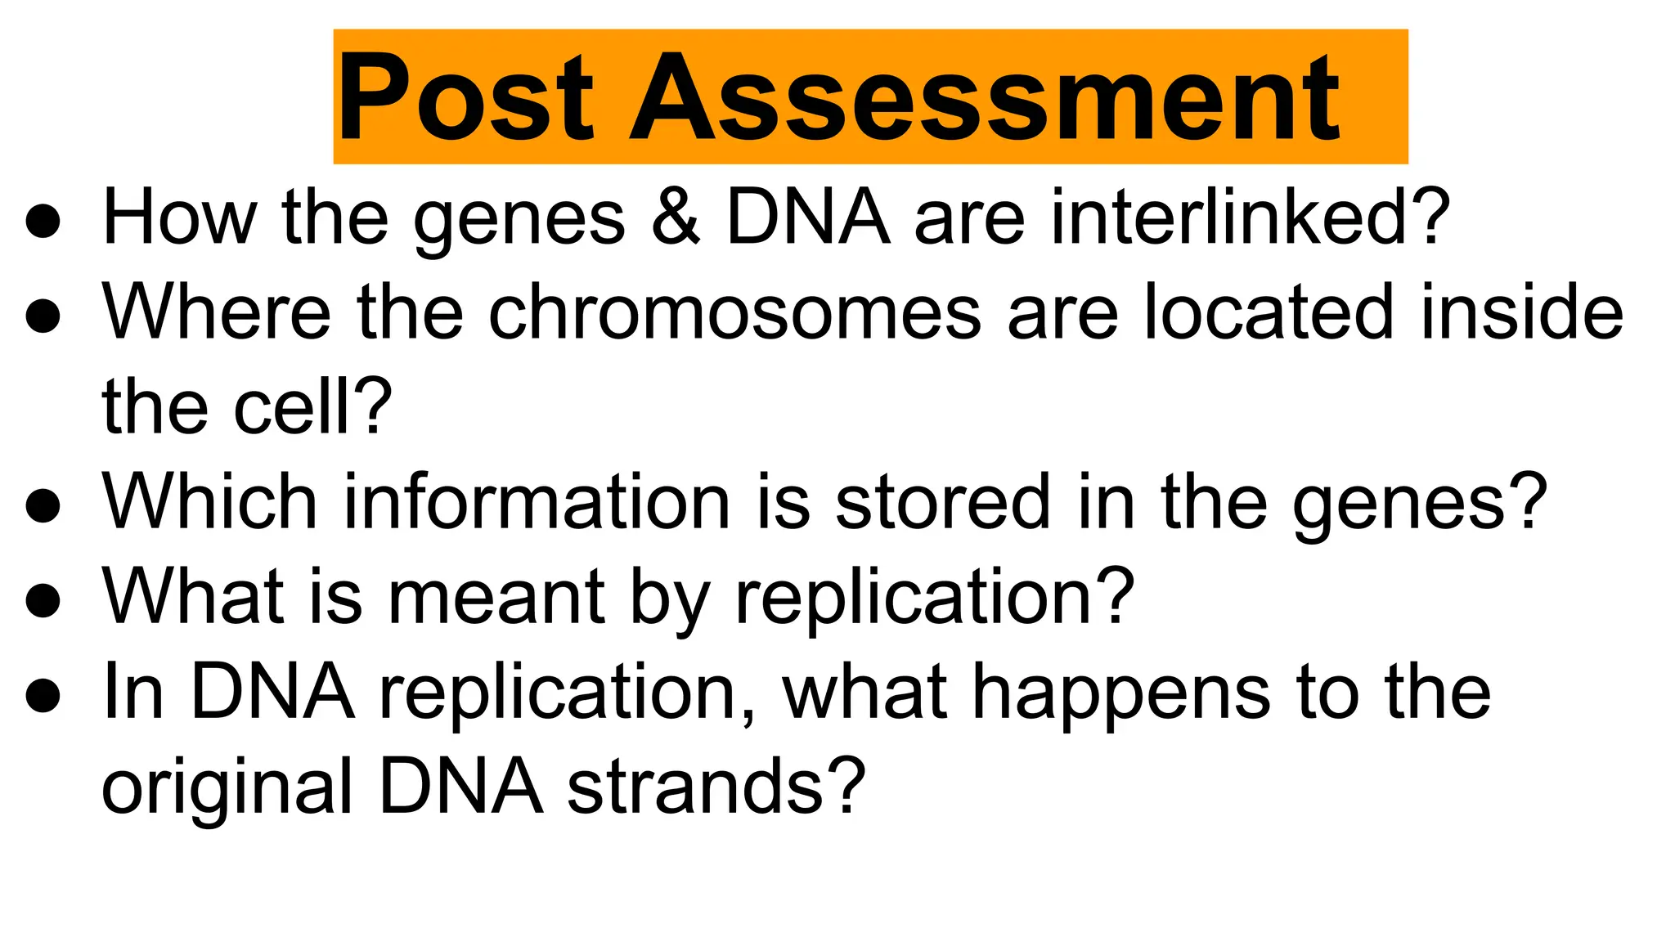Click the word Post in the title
[x=464, y=98]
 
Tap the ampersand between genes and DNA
[x=676, y=217]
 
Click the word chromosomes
[x=734, y=312]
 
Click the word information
[x=536, y=501]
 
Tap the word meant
[x=496, y=596]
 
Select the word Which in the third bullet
[x=209, y=501]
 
